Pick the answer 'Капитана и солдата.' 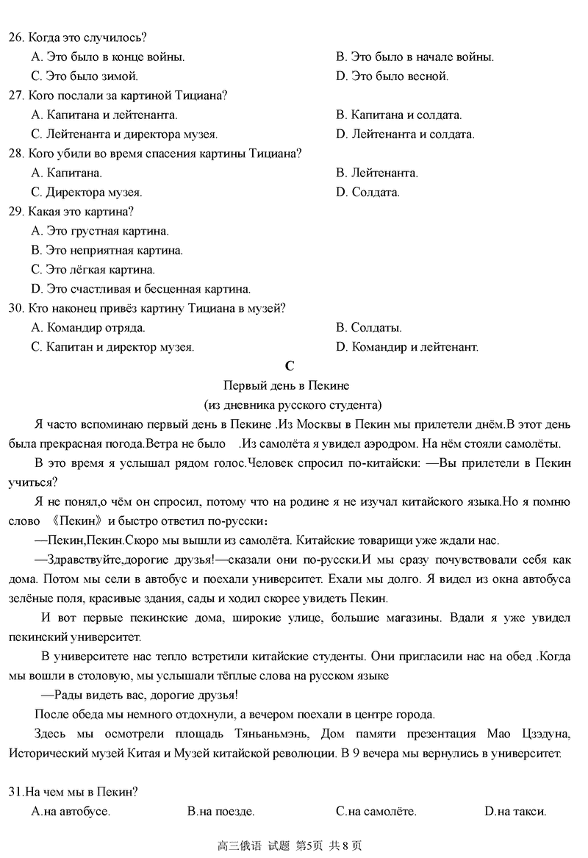click(398, 115)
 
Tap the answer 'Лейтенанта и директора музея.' click(124, 135)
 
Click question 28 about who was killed click(165, 154)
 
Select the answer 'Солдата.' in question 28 click(367, 193)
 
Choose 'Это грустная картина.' click(100, 231)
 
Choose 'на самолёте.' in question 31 click(376, 812)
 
